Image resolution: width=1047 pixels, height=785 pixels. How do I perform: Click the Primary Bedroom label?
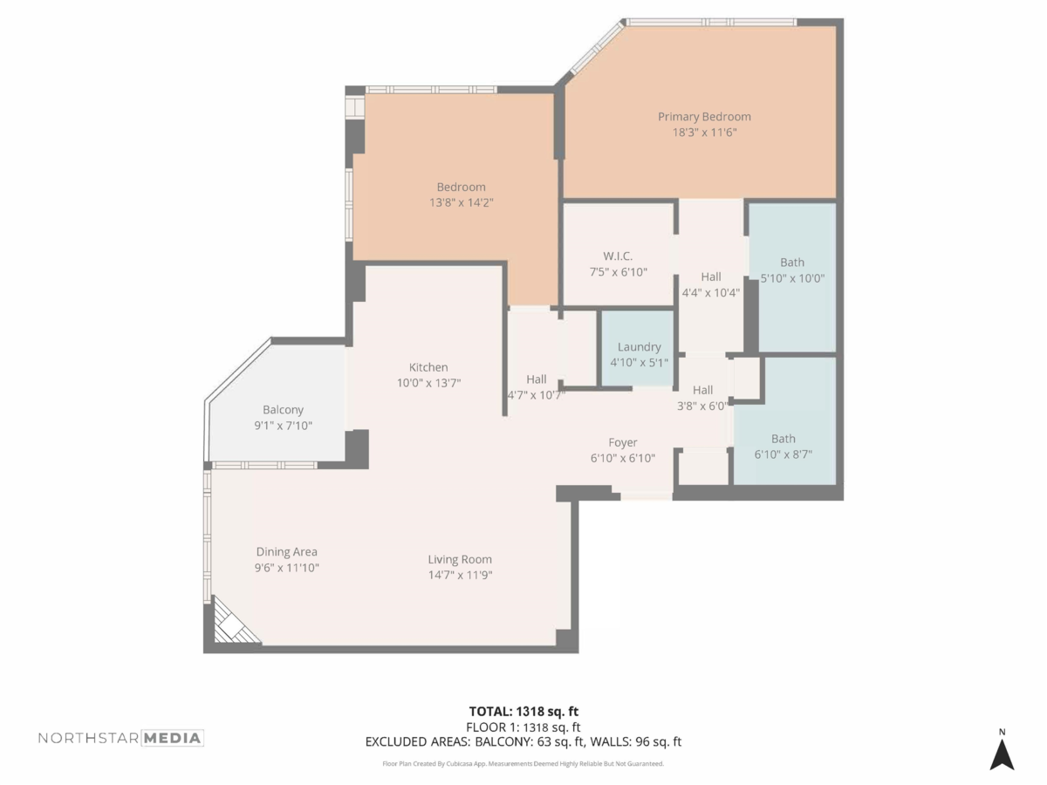coord(704,117)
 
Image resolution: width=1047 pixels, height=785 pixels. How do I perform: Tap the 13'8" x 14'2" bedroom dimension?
coord(462,202)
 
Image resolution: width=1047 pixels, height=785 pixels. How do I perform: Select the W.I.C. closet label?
coord(618,256)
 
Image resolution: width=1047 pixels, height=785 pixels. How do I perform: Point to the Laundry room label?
coord(640,347)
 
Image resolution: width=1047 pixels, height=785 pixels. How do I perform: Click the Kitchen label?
coord(428,367)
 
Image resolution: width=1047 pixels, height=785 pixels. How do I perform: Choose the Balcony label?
coord(283,410)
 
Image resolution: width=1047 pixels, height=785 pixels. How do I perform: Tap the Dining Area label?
coord(287,552)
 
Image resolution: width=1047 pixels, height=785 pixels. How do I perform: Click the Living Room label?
coord(460,560)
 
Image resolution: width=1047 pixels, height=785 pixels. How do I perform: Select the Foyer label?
coord(622,443)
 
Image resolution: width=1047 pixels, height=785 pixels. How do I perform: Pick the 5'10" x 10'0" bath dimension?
coord(792,278)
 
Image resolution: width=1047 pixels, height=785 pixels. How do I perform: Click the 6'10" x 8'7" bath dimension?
coord(784,454)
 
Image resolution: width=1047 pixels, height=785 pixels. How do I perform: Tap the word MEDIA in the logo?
coord(172,738)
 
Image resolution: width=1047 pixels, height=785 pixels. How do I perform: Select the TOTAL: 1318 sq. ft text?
coord(523,712)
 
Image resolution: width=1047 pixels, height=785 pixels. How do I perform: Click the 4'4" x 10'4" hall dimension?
coord(711,293)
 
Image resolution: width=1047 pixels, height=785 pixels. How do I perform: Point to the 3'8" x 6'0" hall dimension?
coord(702,406)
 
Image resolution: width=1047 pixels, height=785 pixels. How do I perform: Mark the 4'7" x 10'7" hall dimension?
coord(536,395)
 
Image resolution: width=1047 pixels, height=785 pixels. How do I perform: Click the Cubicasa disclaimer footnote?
coord(523,764)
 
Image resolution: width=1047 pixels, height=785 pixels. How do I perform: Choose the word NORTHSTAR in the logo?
coord(89,738)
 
